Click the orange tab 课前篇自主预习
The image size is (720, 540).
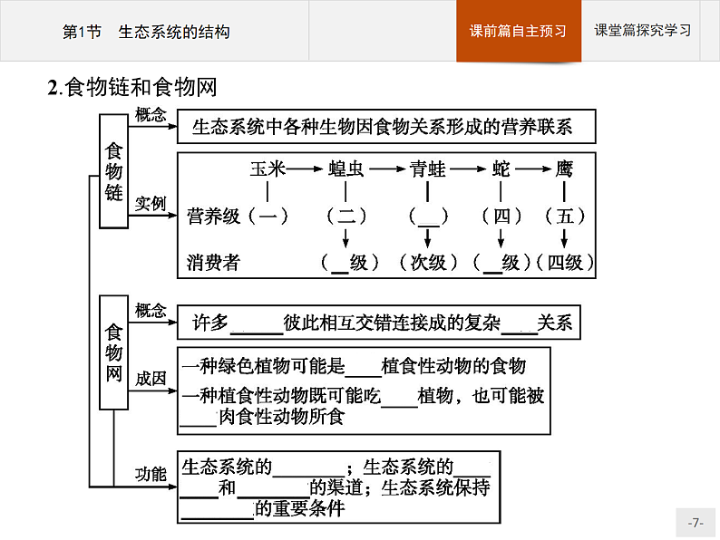point(518,31)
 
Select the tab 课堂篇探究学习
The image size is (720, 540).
point(643,30)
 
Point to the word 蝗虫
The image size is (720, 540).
point(345,169)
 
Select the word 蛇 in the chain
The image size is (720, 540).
point(501,169)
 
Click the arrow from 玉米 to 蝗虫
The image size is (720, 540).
point(306,169)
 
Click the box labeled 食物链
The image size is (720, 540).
point(114,171)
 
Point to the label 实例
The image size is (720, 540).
point(151,204)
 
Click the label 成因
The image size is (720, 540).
point(151,379)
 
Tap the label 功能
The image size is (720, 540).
point(151,474)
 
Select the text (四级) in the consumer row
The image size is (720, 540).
point(565,263)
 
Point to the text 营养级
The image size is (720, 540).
point(214,216)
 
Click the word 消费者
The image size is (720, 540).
point(214,263)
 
